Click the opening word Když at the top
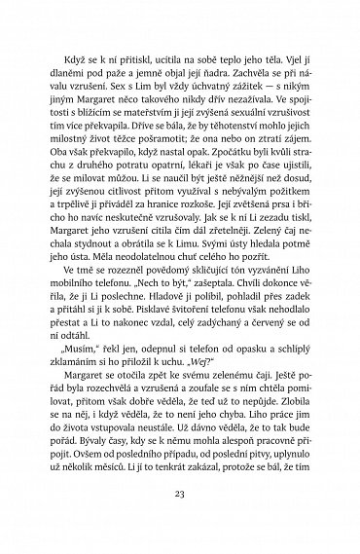86,44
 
